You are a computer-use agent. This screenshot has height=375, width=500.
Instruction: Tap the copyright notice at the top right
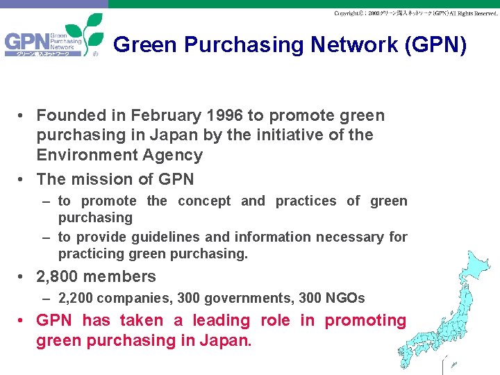[x=415, y=13]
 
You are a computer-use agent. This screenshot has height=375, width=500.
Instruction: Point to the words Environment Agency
[x=119, y=155]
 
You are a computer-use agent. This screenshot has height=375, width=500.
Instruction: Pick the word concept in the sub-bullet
[x=204, y=201]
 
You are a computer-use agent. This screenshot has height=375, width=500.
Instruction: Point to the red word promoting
[x=365, y=321]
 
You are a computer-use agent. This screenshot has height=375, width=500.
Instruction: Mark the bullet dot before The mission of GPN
[x=23, y=179]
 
